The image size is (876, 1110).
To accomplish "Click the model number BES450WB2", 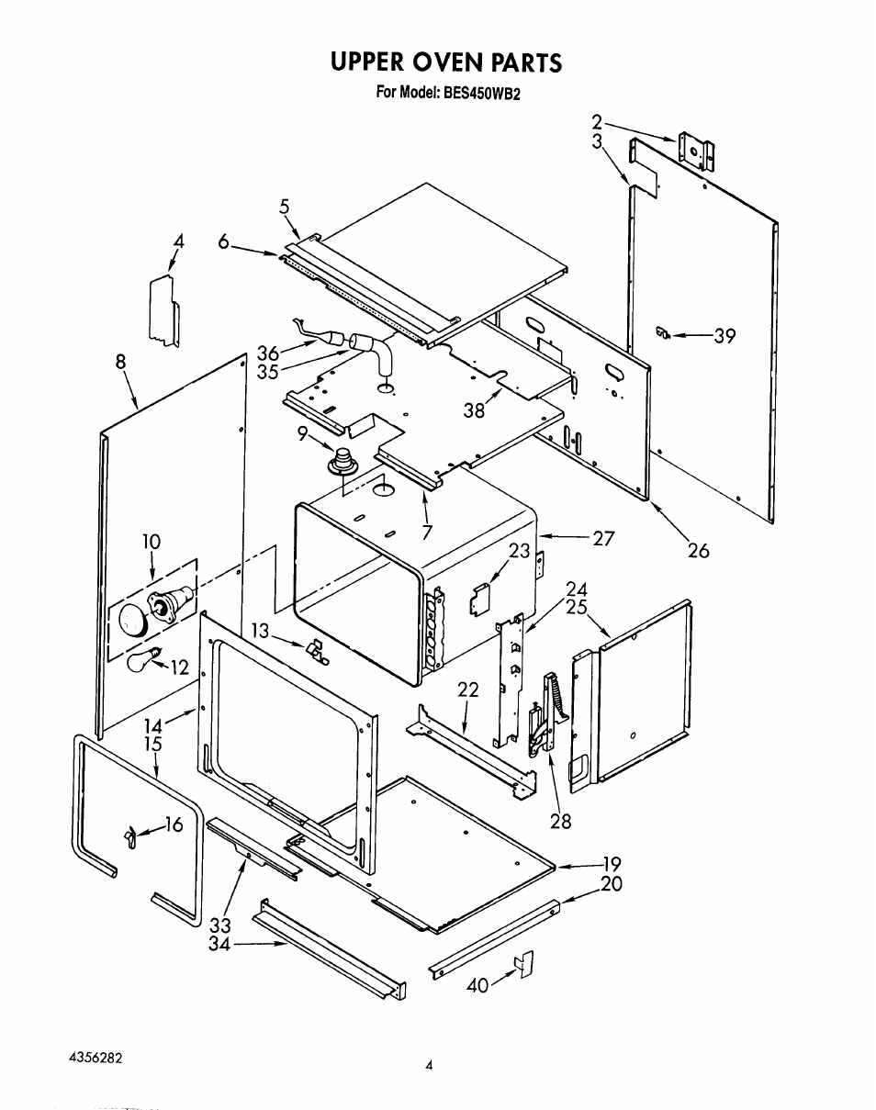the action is point(480,93).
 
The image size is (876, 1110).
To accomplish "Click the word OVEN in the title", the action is point(446,62).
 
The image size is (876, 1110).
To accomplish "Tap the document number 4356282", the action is point(96,1059).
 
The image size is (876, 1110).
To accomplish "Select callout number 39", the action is point(724,336).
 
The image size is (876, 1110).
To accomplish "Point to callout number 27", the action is point(603,539).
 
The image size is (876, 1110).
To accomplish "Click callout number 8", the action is point(120,362).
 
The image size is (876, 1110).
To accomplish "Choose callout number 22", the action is point(467,690).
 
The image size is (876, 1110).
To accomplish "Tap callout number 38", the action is point(474,410).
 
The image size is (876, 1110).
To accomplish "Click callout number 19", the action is point(612,863).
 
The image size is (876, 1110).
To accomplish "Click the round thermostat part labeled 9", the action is point(340,461).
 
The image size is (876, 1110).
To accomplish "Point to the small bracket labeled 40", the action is point(524,964).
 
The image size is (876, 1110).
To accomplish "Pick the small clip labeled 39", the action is point(662,332).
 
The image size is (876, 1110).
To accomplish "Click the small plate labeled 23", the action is point(479,599).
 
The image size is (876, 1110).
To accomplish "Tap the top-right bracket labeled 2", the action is point(696,151).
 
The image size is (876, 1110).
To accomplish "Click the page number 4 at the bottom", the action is point(429,1066).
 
